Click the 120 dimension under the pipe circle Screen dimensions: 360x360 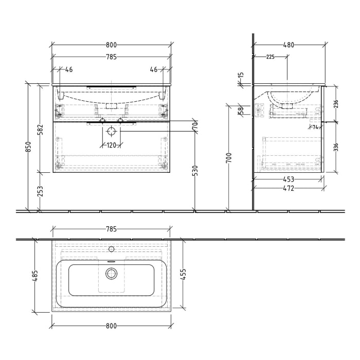click(x=111, y=146)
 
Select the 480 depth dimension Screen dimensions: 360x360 click(x=289, y=45)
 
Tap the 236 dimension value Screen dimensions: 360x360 click(x=336, y=103)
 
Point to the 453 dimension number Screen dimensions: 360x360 click(x=289, y=179)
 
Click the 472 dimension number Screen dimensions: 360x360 click(x=289, y=189)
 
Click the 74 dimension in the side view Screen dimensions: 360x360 click(x=315, y=127)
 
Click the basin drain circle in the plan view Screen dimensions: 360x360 click(x=112, y=273)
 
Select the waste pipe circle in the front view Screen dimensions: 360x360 click(x=112, y=132)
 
